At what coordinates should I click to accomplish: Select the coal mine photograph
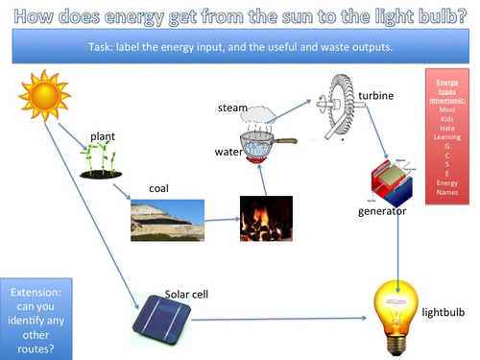[x=167, y=220]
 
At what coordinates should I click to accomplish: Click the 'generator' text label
[x=379, y=210]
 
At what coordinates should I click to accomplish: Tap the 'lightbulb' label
[x=444, y=312]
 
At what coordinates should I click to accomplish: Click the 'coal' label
[x=158, y=188]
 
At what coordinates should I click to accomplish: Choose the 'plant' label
[x=104, y=136]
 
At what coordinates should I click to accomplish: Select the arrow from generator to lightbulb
[x=397, y=240]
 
